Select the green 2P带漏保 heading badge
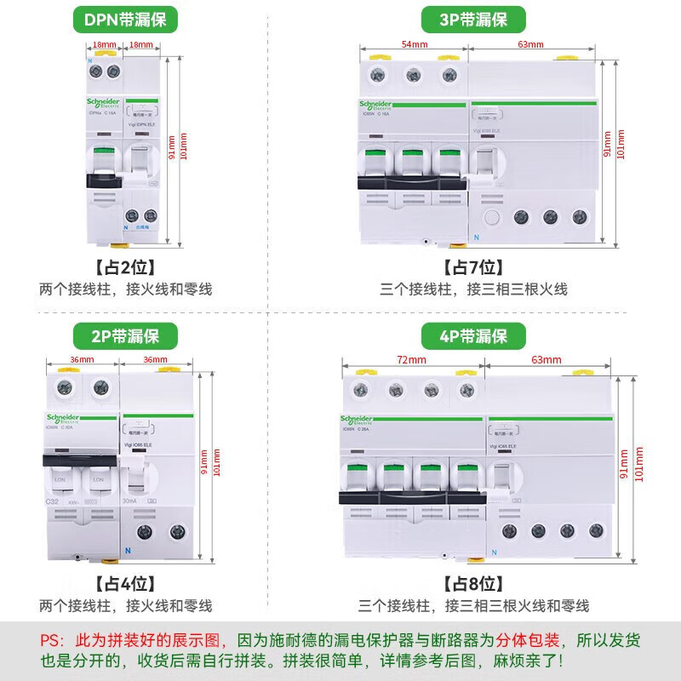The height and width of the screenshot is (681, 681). [x=125, y=335]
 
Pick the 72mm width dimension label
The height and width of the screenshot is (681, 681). [x=412, y=360]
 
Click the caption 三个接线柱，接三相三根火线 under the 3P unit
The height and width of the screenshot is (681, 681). [x=473, y=289]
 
